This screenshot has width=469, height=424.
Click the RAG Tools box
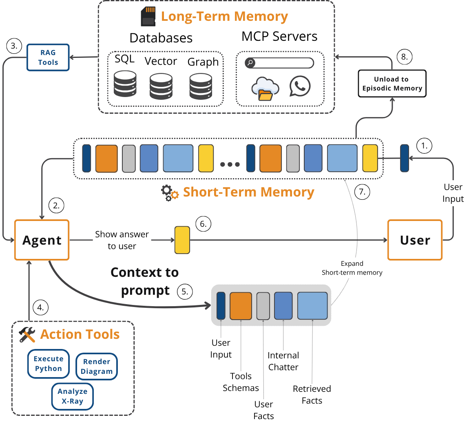tap(48, 57)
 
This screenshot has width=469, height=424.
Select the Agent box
tap(42, 240)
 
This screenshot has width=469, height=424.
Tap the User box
tap(415, 240)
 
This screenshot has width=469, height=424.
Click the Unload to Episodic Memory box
tap(392, 84)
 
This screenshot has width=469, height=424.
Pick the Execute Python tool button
tap(49, 364)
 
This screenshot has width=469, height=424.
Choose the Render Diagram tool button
tap(97, 367)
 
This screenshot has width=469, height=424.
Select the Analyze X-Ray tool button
tap(73, 396)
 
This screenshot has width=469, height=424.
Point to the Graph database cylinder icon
tap(201, 86)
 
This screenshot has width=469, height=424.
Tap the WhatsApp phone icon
tap(300, 86)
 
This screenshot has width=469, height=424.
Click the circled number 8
tap(404, 57)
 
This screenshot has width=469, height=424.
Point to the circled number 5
tap(185, 291)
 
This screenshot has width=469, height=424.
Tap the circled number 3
tap(14, 46)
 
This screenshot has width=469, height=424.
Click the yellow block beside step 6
tap(182, 240)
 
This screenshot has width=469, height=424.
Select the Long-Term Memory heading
tap(224, 17)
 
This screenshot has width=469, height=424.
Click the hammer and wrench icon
tap(27, 335)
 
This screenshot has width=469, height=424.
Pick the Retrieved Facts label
tap(312, 395)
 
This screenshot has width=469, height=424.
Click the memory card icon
tap(148, 17)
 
